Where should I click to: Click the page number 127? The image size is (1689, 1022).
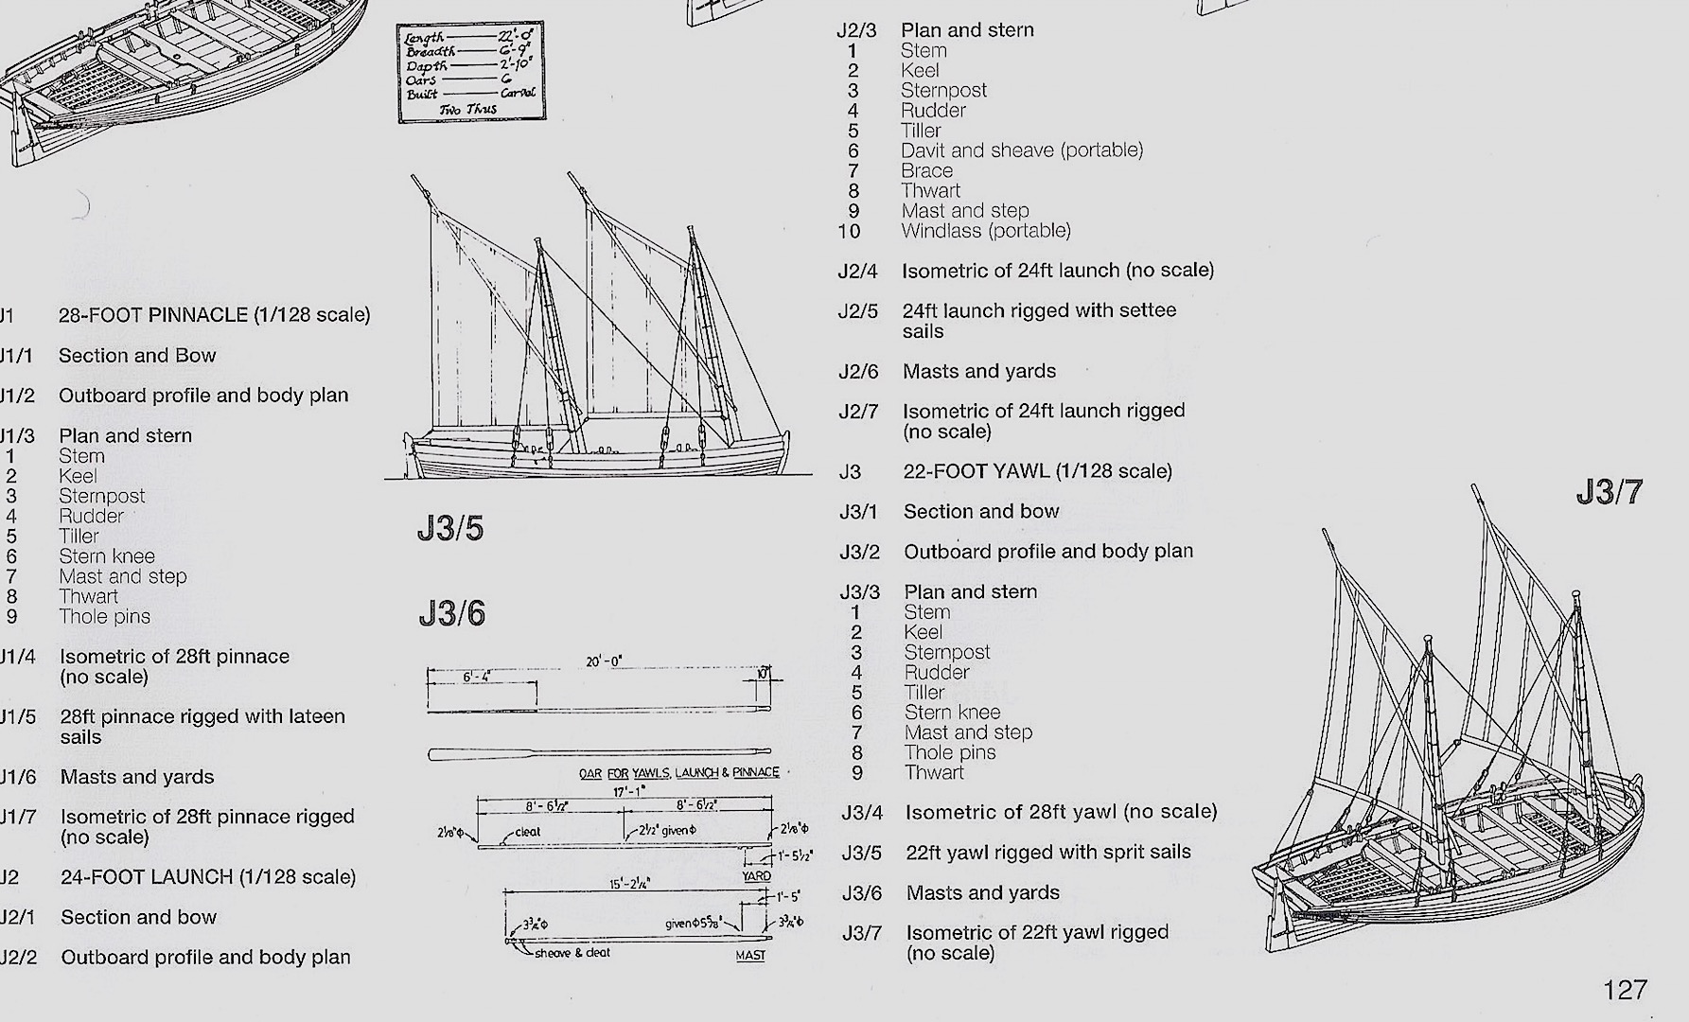tap(1625, 990)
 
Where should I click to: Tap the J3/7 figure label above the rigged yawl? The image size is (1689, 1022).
tap(1609, 492)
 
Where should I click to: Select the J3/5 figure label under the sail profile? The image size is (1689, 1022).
tap(450, 529)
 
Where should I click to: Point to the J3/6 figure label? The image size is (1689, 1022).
tap(451, 614)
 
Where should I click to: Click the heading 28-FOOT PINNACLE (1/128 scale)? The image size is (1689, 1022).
tap(214, 315)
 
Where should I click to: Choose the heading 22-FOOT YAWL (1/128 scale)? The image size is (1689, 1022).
tap(1037, 471)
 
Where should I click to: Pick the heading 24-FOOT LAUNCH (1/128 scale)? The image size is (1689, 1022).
tap(208, 877)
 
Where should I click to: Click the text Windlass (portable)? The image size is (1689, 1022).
tap(986, 231)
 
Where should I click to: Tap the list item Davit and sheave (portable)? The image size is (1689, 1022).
tap(1022, 150)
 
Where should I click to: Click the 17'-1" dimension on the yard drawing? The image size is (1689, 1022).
tap(629, 791)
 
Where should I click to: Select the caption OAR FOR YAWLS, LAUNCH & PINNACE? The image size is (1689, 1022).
tap(678, 773)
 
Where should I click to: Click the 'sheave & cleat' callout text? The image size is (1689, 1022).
tap(572, 953)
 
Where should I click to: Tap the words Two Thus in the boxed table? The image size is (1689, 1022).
tap(468, 110)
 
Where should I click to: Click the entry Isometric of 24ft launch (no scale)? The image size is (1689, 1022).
tap(1057, 271)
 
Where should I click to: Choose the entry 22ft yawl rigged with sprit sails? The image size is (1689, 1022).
tap(1047, 853)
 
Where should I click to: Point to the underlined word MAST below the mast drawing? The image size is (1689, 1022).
tap(750, 956)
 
